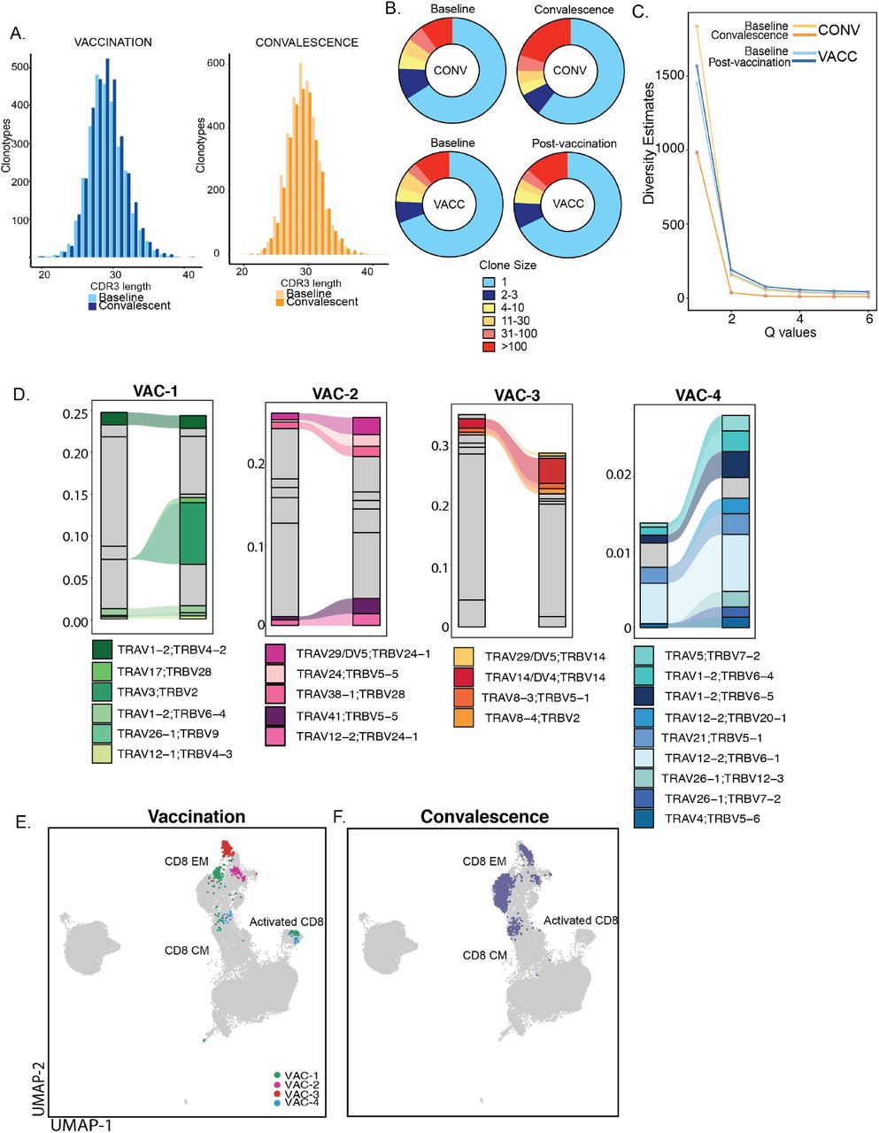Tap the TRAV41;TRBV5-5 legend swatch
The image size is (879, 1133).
(275, 715)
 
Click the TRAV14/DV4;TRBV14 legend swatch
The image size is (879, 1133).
(465, 676)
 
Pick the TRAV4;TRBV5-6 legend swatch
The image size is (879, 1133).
(644, 819)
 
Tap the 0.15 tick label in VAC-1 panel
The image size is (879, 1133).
(76, 495)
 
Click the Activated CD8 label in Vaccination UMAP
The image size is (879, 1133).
(286, 922)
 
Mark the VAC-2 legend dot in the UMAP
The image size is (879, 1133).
(276, 1084)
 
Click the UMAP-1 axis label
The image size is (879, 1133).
(81, 1124)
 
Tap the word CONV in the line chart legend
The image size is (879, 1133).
(838, 30)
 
